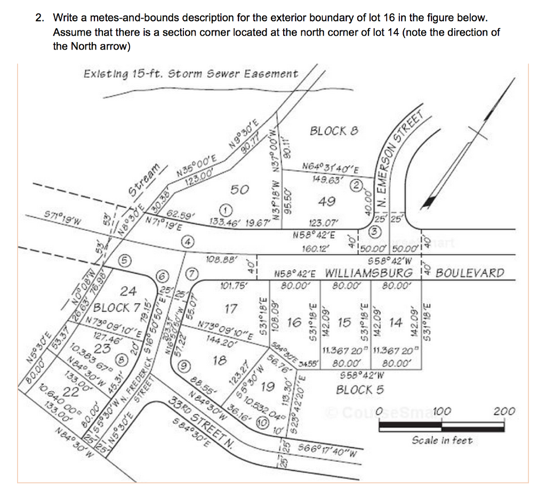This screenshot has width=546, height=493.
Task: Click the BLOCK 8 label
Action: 334,131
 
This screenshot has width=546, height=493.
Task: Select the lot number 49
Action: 326,201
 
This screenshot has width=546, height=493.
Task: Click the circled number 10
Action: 262,422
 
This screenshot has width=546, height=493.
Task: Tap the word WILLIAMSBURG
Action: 369,273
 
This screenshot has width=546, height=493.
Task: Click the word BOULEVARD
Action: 470,273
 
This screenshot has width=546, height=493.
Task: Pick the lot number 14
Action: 395,322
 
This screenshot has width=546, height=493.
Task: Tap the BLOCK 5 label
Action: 360,390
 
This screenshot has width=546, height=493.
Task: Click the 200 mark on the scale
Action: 504,411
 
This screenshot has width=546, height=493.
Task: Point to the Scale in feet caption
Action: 442,440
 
